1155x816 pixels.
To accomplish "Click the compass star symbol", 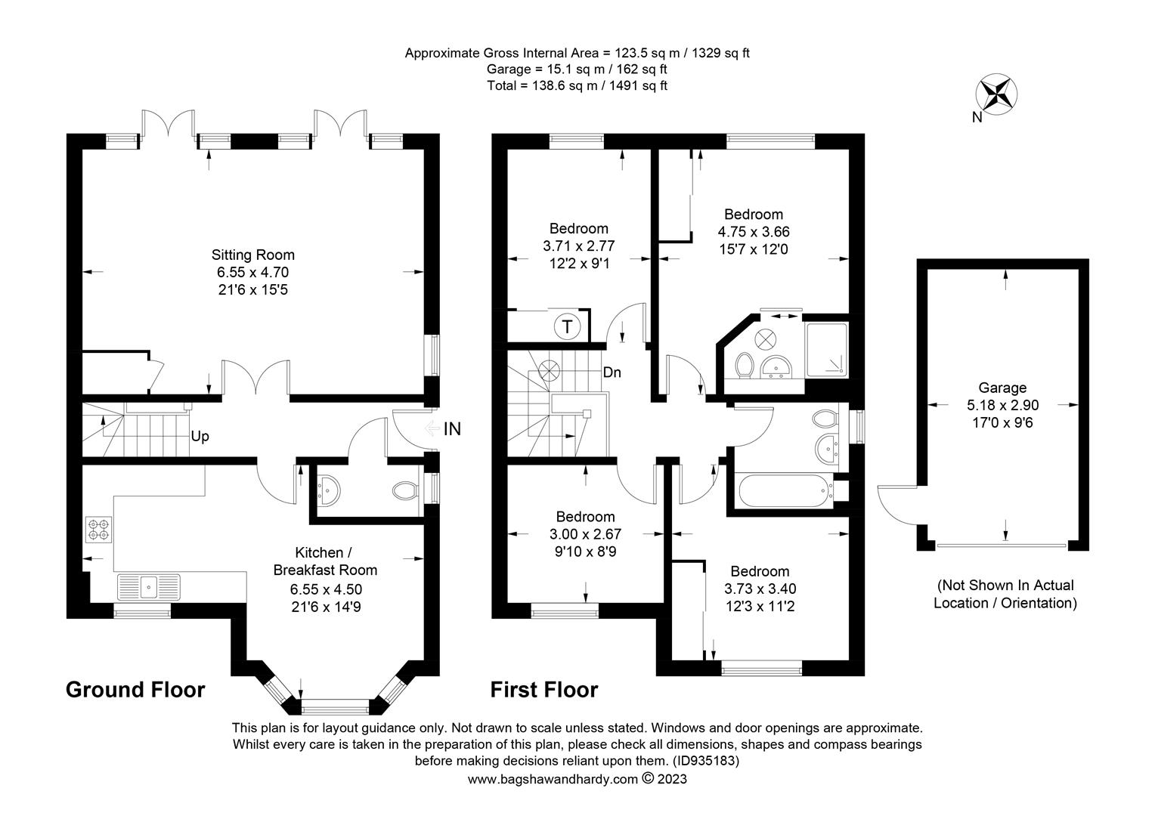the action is click(996, 94).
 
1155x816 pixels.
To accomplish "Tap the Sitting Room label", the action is click(252, 255).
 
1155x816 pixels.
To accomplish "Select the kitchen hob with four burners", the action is click(99, 530).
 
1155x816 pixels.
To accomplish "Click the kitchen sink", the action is click(148, 587).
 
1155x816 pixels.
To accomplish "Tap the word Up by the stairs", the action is click(200, 437).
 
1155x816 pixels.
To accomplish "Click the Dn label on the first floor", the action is click(612, 372).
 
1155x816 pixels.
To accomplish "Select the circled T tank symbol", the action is click(567, 326).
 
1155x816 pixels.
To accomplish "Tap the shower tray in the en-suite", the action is click(826, 350).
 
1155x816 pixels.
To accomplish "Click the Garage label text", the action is click(1002, 388).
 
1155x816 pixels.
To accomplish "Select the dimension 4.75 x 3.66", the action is click(754, 232).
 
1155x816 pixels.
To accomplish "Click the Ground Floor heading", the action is click(135, 690).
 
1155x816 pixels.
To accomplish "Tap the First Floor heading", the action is click(544, 690).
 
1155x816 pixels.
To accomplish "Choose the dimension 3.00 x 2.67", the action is click(585, 534).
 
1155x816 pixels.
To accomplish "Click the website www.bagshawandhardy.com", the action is click(553, 780).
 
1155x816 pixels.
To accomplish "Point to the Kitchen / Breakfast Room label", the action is click(325, 561).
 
